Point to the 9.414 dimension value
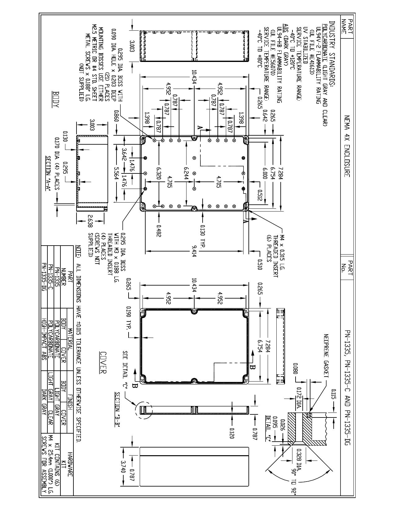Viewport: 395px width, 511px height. tap(194, 251)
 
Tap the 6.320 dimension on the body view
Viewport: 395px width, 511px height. tap(159, 173)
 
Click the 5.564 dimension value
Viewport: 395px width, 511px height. tap(116, 173)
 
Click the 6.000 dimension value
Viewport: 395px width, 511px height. tap(265, 174)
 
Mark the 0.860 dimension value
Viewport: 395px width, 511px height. tap(116, 116)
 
